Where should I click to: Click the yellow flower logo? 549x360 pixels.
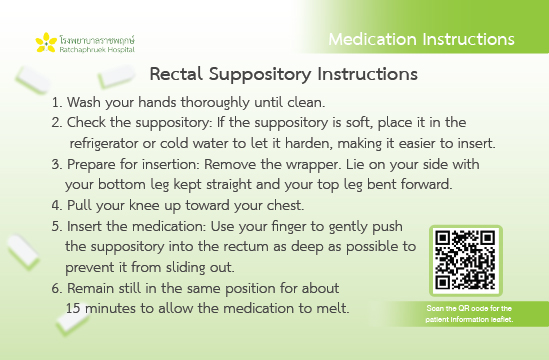click(46, 43)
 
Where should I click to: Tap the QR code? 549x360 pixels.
click(466, 260)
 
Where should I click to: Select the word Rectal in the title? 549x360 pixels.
click(176, 74)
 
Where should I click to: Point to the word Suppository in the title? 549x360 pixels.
click(260, 75)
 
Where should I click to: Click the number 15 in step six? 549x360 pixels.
click(73, 308)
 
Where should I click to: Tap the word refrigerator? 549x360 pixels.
click(104, 144)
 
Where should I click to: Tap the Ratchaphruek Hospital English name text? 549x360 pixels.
click(97, 49)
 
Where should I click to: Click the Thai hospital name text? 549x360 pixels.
click(97, 39)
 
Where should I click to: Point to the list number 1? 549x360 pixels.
click(56, 103)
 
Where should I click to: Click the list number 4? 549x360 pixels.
click(56, 205)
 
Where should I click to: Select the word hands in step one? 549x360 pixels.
click(157, 102)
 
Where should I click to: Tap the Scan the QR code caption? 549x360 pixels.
click(469, 314)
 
